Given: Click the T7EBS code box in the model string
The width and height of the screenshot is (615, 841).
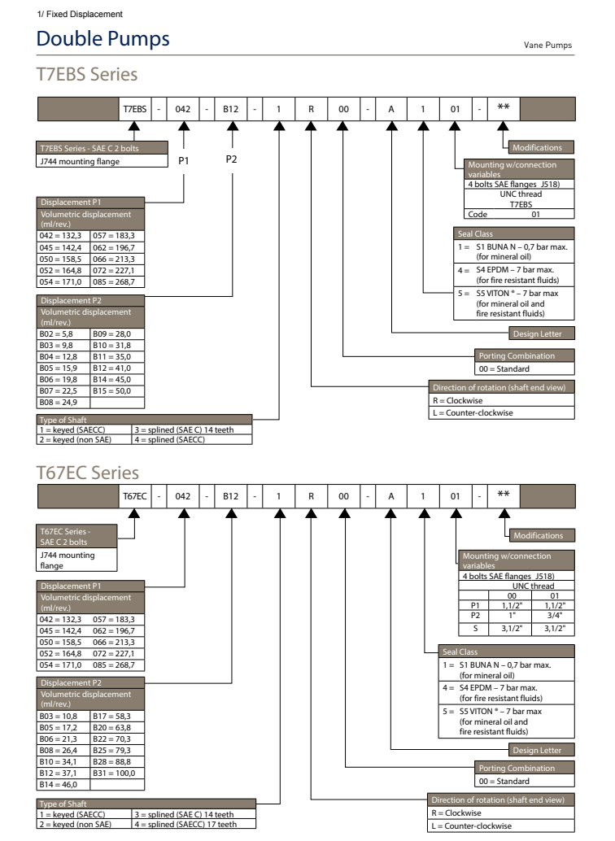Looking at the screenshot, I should tap(134, 107).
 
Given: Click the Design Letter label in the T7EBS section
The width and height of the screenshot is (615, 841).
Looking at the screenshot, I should tap(541, 333).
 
